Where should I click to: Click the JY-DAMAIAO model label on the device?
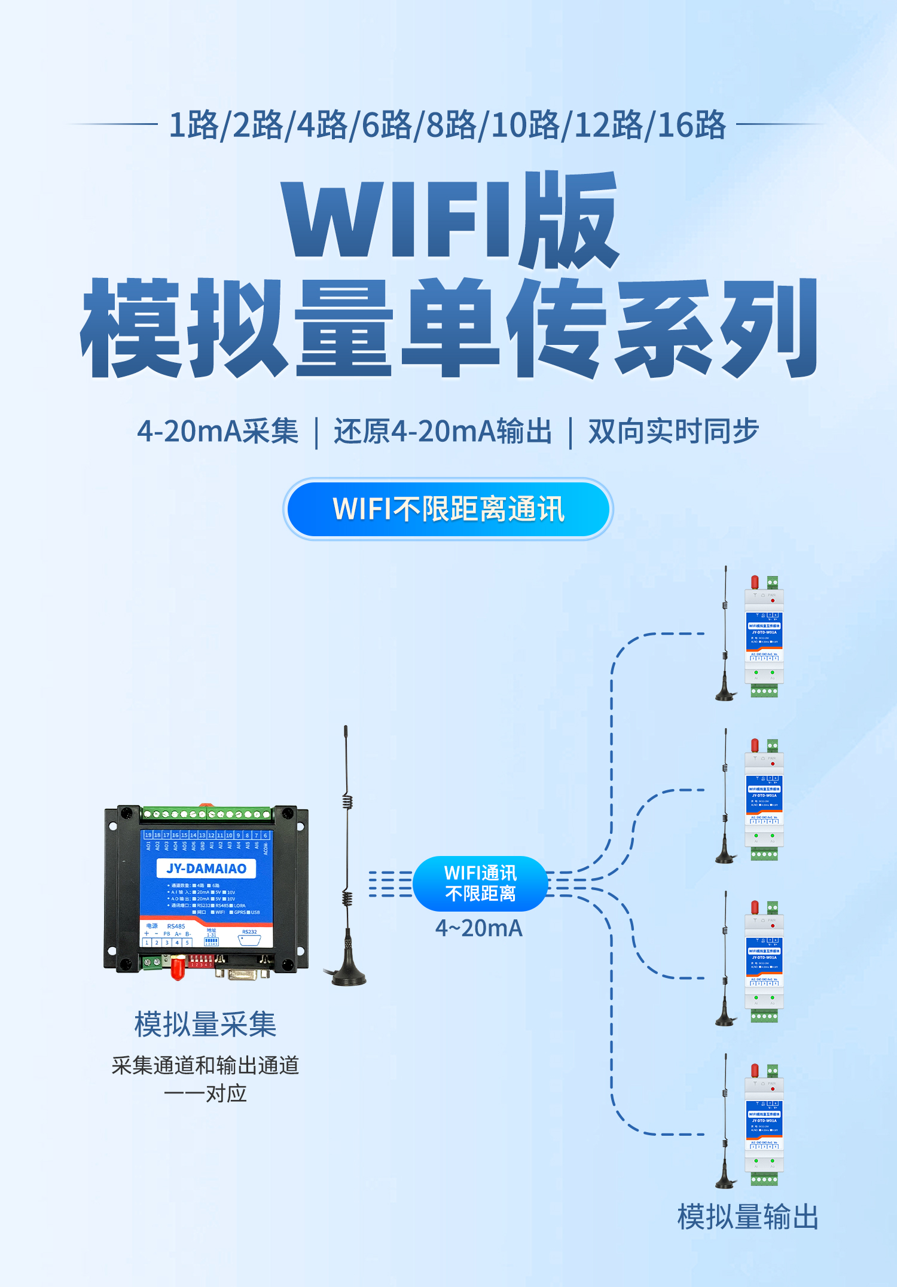pos(206,869)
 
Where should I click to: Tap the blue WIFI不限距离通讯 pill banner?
pos(448,509)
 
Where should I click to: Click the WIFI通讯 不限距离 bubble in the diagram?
pos(480,884)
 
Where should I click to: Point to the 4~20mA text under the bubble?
pos(479,928)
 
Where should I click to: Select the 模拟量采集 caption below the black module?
pos(205,1025)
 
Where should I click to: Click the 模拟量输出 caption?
pos(747,1217)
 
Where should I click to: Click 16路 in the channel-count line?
pos(692,126)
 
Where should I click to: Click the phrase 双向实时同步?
pos(673,432)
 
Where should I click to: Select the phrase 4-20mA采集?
pos(218,432)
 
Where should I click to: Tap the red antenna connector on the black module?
pos(177,968)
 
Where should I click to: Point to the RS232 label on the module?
pos(249,932)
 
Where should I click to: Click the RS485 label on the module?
pos(176,927)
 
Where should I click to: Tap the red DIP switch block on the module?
pos(201,961)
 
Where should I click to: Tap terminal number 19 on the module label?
pos(148,835)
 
